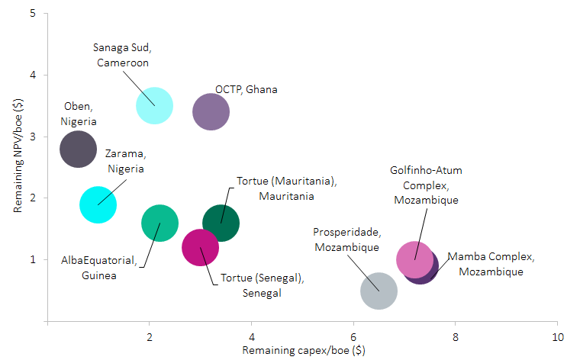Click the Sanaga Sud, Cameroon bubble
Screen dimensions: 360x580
point(154,106)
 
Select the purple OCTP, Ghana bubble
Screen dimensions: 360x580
point(211,112)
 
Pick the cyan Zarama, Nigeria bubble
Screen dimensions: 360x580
point(98,204)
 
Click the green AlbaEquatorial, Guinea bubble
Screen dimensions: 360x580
point(159,223)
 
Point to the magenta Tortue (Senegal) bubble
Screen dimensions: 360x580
point(200,248)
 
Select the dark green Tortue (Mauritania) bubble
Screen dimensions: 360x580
point(221,223)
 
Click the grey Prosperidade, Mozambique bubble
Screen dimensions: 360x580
point(379,291)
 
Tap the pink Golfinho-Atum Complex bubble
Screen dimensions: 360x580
point(414,259)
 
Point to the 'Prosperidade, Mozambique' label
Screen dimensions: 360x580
point(346,239)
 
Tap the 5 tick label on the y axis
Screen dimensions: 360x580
point(33,14)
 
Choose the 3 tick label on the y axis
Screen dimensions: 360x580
point(33,137)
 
